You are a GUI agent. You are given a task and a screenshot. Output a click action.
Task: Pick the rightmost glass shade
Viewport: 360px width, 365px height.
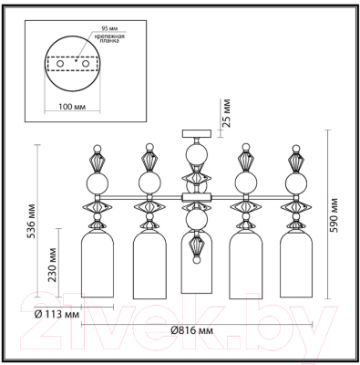(x=293, y=265)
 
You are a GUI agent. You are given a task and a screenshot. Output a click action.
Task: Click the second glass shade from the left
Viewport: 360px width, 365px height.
(x=146, y=265)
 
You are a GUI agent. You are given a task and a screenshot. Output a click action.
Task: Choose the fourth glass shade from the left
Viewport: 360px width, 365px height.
(x=244, y=265)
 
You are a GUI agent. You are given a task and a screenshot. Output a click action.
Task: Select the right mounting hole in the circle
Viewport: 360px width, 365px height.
(x=88, y=65)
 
